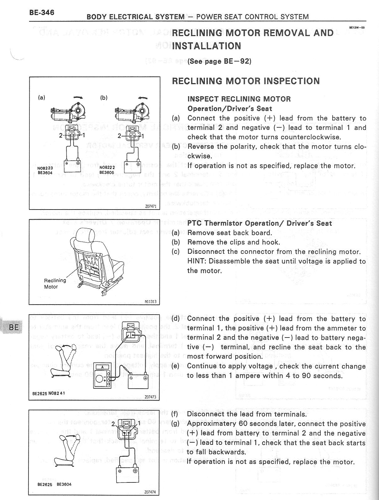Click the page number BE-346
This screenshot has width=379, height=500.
coord(42,13)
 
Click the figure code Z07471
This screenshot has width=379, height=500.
coord(150,206)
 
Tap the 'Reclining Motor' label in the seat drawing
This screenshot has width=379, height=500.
coord(55,283)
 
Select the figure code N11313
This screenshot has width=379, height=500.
coord(150,302)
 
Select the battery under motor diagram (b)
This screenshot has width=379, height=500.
coord(133,167)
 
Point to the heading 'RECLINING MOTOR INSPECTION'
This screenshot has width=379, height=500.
coord(246,81)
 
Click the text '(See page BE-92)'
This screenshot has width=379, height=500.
coord(219,61)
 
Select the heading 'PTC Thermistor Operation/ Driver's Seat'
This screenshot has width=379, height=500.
coord(259,223)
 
